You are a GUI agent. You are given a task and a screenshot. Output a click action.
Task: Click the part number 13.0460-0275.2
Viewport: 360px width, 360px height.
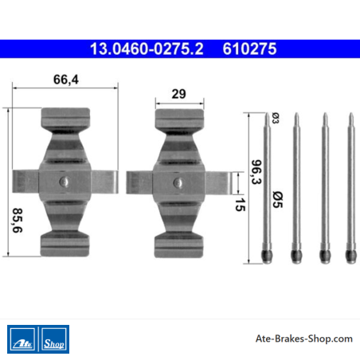tap(147, 49)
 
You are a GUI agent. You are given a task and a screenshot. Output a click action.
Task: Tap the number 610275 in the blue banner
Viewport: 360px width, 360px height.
tap(249, 49)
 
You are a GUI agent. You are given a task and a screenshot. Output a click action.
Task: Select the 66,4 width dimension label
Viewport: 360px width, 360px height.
tap(66, 80)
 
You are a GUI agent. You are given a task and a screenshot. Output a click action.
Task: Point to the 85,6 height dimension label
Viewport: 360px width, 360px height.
tap(18, 221)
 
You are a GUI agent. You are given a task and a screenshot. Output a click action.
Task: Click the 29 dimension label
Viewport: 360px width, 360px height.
tap(178, 94)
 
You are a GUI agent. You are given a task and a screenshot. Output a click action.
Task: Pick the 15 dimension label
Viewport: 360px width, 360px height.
tap(240, 205)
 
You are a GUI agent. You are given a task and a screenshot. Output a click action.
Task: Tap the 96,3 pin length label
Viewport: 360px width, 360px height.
tap(256, 172)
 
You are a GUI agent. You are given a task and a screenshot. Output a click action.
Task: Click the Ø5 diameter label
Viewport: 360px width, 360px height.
tap(278, 199)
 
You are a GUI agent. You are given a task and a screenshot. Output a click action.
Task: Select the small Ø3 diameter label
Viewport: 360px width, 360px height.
tap(276, 118)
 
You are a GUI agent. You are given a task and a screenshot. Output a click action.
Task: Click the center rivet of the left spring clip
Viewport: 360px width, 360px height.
tap(64, 182)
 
